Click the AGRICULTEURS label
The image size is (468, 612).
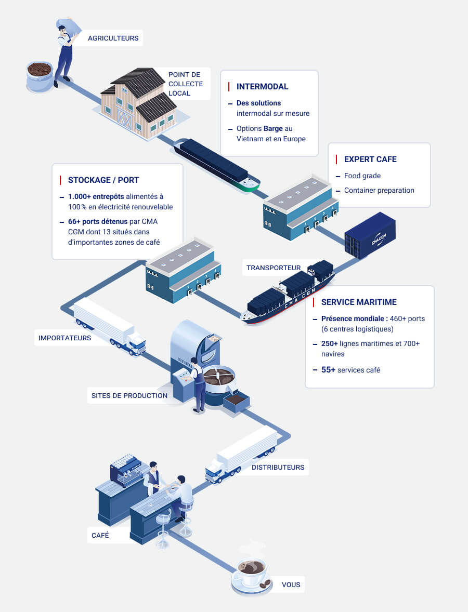tap(113, 38)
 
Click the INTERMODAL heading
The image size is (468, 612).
tap(262, 87)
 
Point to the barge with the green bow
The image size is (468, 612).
tap(216, 164)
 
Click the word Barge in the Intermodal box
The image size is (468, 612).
tap(273, 128)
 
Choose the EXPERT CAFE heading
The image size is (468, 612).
tap(370, 159)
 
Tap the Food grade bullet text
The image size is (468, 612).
tap(362, 176)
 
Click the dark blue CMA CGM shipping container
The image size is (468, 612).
tap(370, 235)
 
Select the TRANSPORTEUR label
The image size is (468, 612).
tap(274, 268)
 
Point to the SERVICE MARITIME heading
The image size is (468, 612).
tap(359, 302)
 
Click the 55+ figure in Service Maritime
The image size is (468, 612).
tap(328, 370)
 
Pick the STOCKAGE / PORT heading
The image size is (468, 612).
tap(103, 180)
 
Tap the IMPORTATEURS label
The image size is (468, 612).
tap(64, 338)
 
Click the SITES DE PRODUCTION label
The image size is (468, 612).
tap(129, 395)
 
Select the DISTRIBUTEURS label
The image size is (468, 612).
tap(278, 467)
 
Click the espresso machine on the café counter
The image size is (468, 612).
tap(125, 469)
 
